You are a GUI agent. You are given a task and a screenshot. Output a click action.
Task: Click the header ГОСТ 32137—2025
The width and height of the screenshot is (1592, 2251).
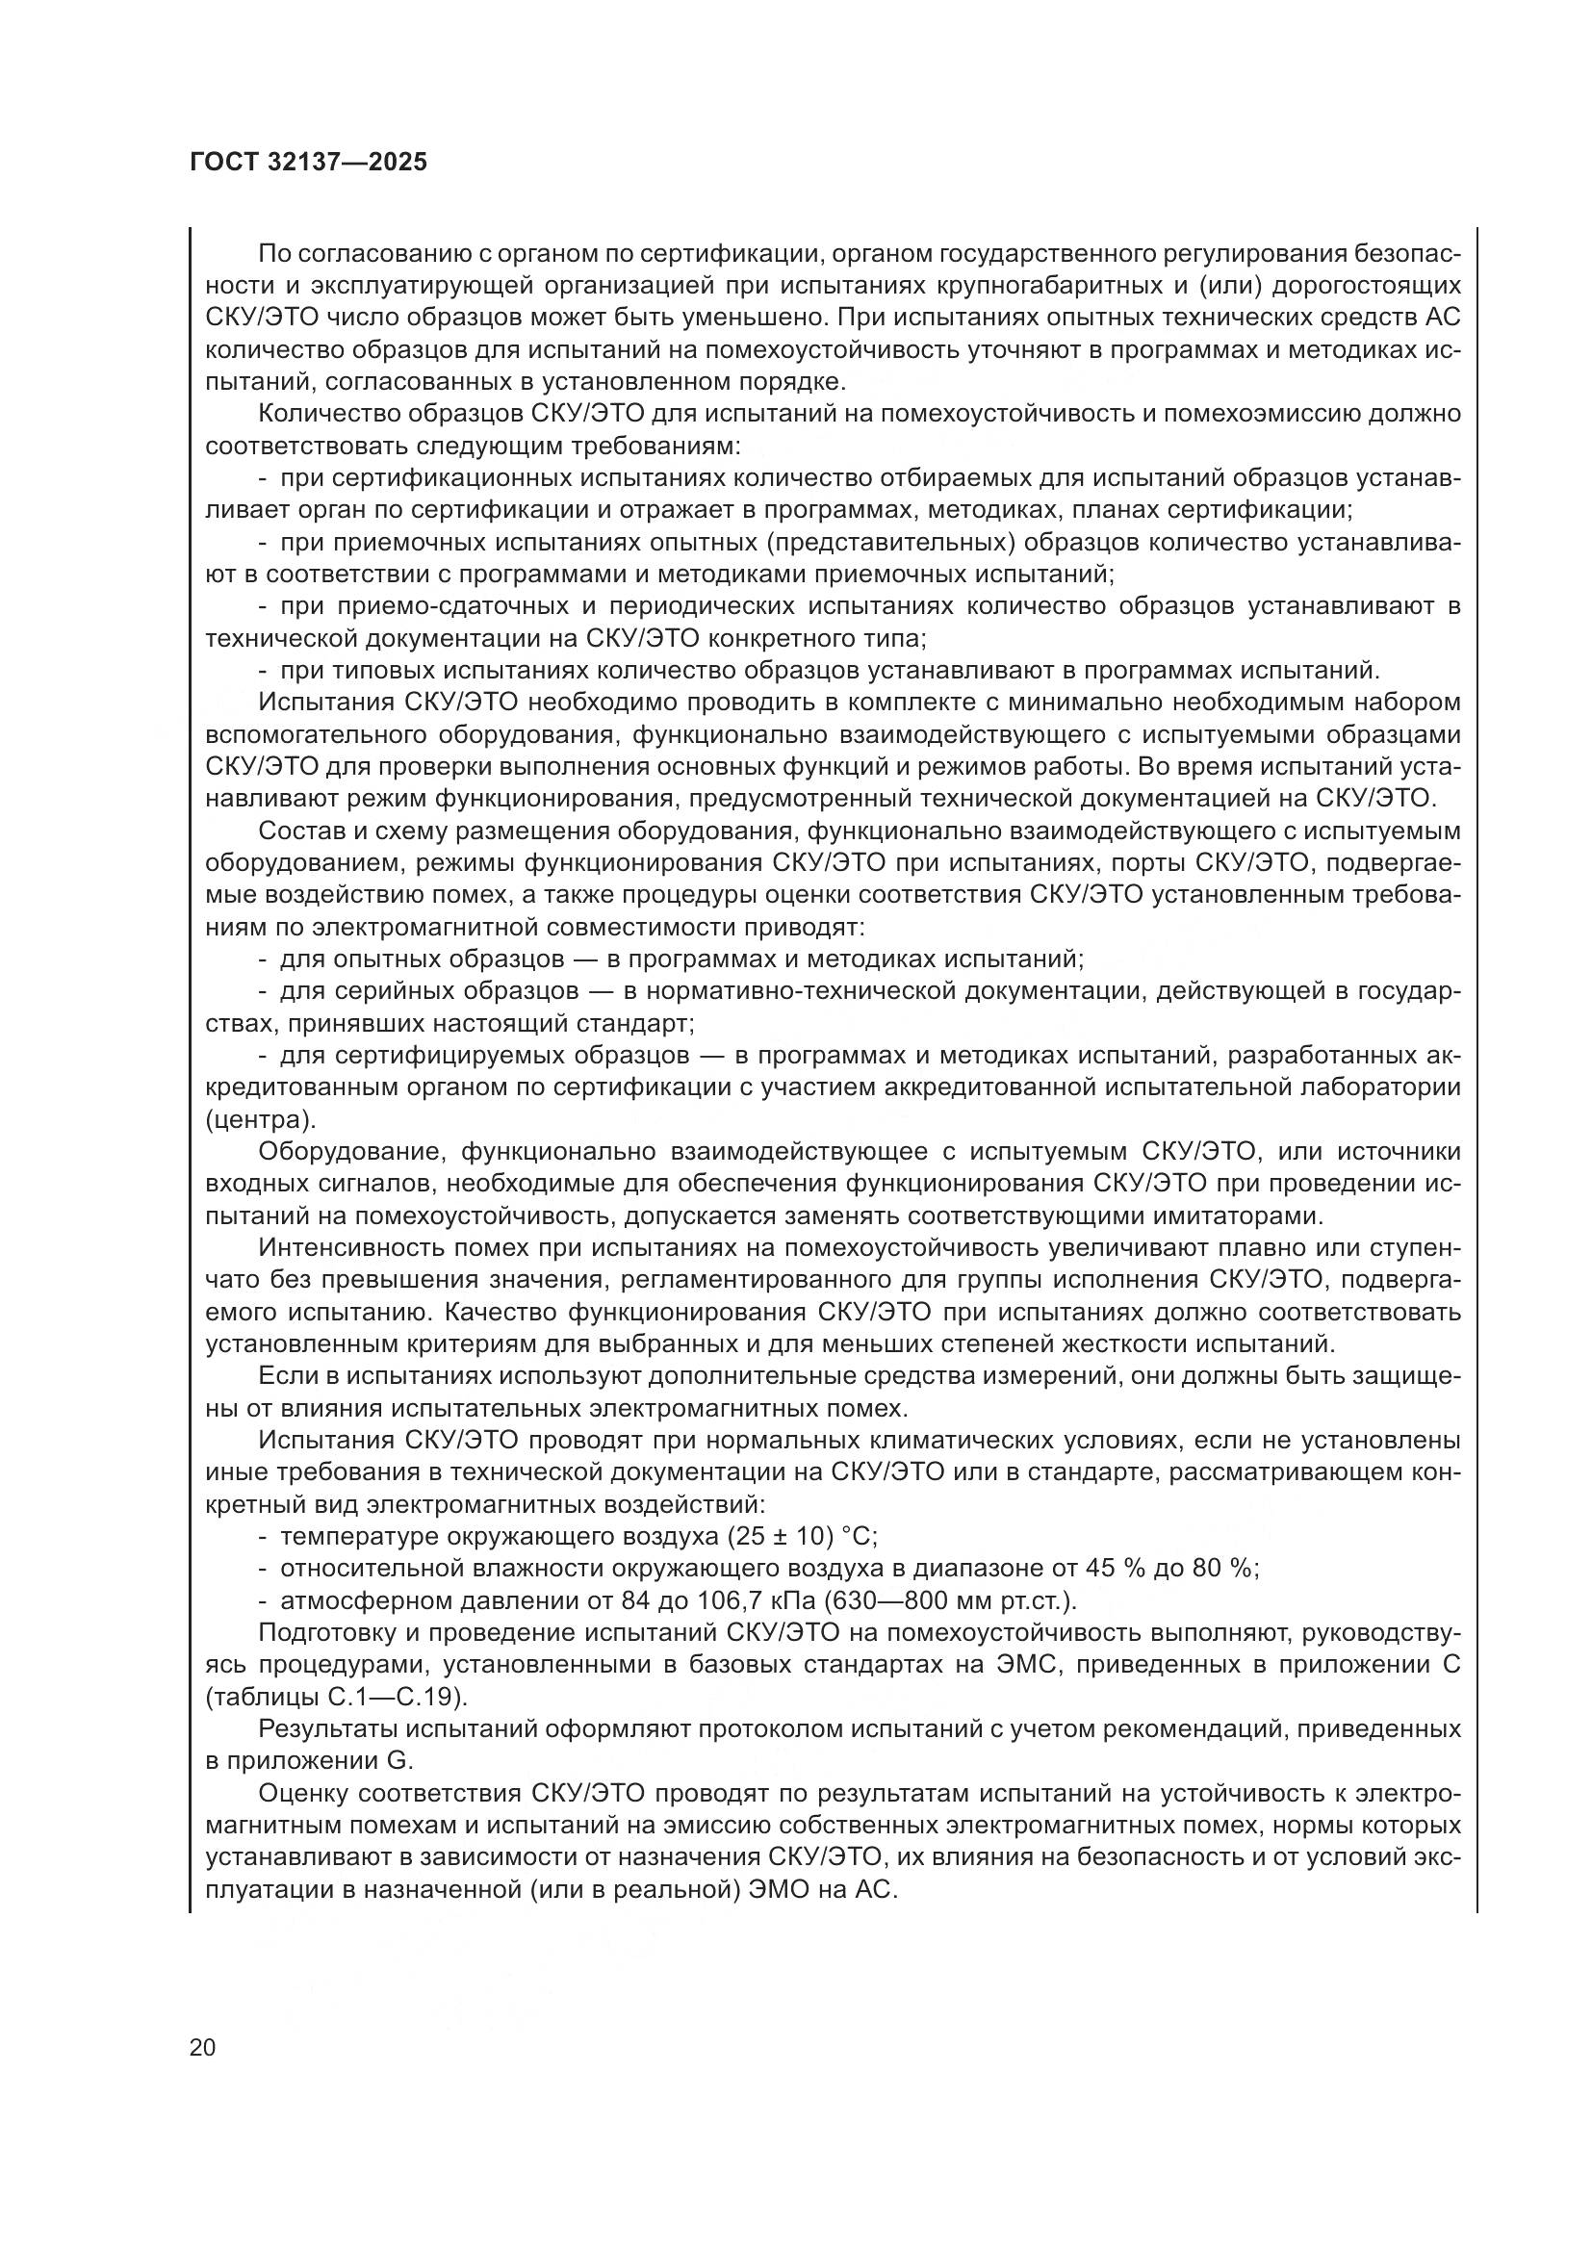[x=309, y=163]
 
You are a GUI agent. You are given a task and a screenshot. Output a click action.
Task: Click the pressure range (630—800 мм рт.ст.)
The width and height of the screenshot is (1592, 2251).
[x=950, y=1600]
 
